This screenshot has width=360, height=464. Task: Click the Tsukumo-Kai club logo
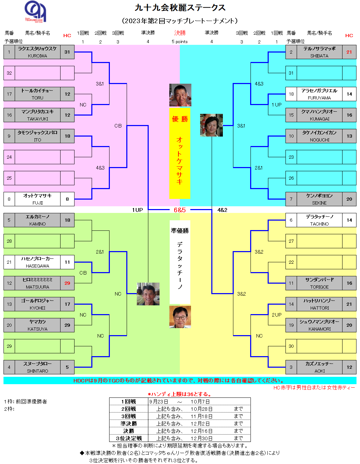(x=35, y=12)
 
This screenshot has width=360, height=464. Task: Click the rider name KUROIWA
(x=37, y=56)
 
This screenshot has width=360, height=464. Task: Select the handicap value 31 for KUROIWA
(x=67, y=52)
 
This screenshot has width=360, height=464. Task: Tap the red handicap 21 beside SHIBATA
(x=349, y=52)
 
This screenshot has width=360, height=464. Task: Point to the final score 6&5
(x=179, y=210)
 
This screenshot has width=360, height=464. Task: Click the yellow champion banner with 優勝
(x=179, y=153)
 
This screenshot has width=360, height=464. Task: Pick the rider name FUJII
(x=37, y=203)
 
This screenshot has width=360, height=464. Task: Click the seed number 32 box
(x=9, y=73)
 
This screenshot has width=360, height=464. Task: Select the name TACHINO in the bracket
(x=319, y=224)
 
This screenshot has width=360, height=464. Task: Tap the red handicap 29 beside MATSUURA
(x=67, y=283)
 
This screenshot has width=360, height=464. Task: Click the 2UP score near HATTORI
(x=277, y=315)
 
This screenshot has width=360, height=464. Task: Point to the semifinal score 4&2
(x=222, y=210)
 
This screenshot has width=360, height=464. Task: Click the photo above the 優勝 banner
(x=180, y=95)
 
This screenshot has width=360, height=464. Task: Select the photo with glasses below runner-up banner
(x=180, y=317)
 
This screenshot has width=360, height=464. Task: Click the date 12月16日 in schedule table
(x=202, y=431)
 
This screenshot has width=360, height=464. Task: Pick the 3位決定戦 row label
(x=129, y=438)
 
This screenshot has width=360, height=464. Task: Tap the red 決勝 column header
(x=180, y=33)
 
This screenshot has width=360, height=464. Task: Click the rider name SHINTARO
(x=37, y=371)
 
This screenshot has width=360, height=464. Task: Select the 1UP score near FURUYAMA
(x=277, y=105)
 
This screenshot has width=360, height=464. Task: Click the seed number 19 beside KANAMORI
(x=291, y=325)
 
